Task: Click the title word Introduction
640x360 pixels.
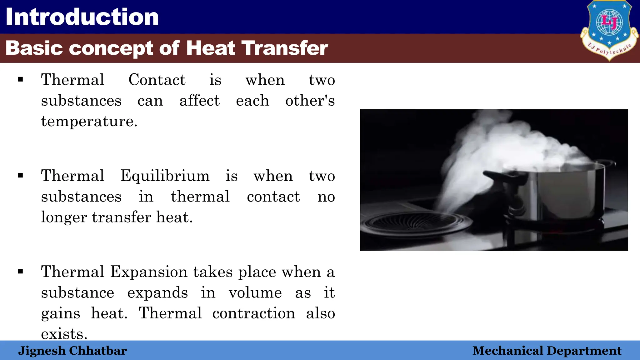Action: click(82, 17)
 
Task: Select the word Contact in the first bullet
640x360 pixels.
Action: click(157, 80)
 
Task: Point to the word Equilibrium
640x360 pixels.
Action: click(165, 176)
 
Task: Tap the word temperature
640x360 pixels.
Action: click(89, 121)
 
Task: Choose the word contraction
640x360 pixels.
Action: click(254, 313)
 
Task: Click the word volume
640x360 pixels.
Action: click(255, 292)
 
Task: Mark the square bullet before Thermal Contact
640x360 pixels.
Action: click(21, 79)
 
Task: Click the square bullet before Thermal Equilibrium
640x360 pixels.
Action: click(21, 175)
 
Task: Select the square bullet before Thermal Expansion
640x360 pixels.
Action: click(21, 271)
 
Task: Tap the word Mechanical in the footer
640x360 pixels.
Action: click(508, 351)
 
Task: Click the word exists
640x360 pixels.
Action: click(64, 334)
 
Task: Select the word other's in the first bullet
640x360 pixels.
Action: click(310, 101)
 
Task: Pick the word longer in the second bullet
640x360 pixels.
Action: click(64, 217)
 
